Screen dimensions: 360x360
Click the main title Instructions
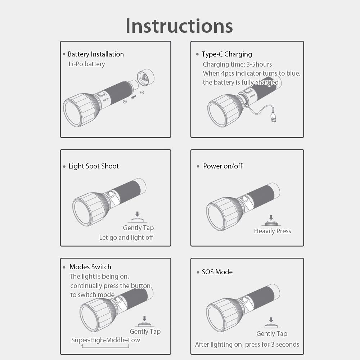tap(179, 26)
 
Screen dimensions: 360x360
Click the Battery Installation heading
tap(95, 54)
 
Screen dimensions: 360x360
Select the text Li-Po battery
tap(87, 64)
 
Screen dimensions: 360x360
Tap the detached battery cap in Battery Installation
tap(145, 78)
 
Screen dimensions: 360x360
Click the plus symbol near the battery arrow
tap(125, 102)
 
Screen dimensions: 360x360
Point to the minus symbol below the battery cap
tap(142, 93)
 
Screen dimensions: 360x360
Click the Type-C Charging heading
tap(226, 54)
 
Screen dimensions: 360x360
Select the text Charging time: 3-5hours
tap(237, 64)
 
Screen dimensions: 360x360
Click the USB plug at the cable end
tap(274, 117)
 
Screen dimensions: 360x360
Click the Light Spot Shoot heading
tap(93, 166)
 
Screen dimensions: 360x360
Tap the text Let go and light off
tap(126, 238)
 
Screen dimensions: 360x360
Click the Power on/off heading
tap(222, 166)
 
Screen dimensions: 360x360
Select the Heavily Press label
tap(273, 231)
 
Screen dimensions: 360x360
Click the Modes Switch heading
tap(90, 267)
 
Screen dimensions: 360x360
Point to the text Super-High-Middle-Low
tap(105, 340)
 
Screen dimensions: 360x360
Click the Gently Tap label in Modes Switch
tap(145, 332)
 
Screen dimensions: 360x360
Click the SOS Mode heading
tap(217, 272)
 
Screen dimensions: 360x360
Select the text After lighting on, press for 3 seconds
tap(247, 345)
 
